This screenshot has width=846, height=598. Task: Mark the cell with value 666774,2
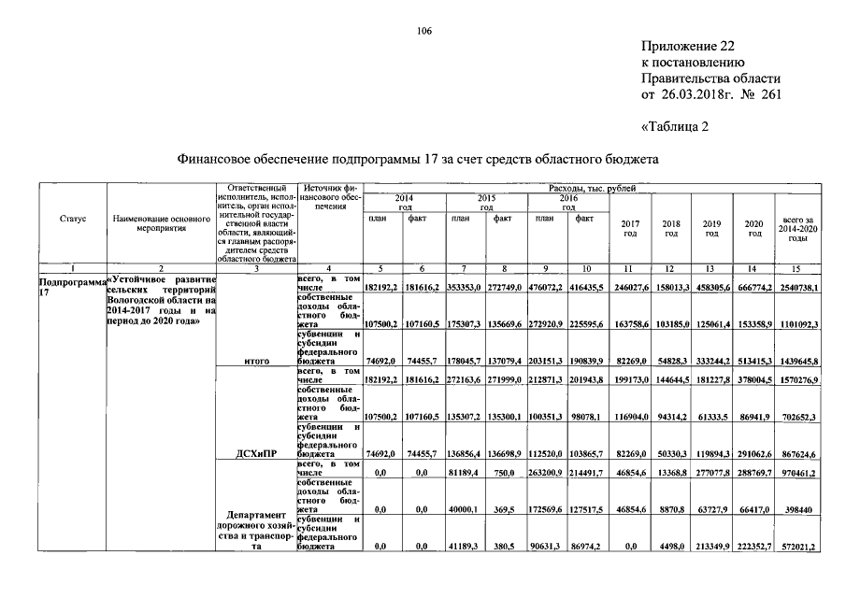pos(754,288)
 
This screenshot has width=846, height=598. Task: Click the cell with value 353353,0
pos(465,288)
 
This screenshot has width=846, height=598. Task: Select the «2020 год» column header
pos(754,227)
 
